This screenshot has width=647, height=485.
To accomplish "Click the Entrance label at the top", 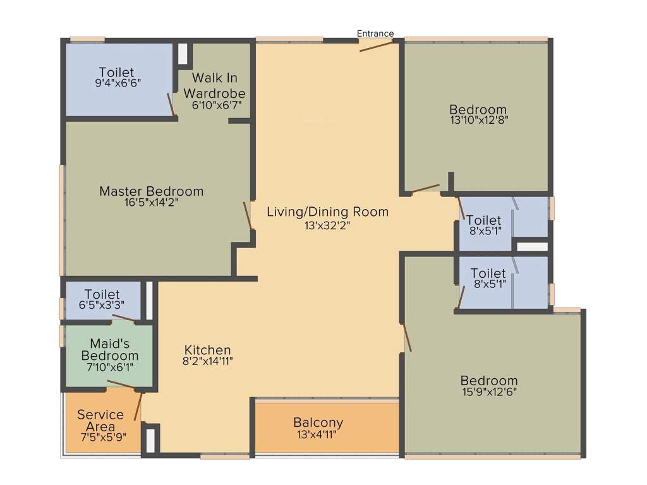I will (375, 33).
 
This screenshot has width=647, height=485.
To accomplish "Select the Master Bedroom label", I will (152, 191).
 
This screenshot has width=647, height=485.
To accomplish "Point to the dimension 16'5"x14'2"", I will (152, 203).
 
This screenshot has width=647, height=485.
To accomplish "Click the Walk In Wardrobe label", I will (215, 85).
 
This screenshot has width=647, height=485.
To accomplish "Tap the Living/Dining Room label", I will (327, 212).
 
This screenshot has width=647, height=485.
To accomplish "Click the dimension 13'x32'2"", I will (327, 224).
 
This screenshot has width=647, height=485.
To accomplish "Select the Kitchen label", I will (207, 350).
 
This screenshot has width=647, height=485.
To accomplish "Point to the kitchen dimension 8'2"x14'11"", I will (207, 362).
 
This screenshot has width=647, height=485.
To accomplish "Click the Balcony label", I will (318, 422).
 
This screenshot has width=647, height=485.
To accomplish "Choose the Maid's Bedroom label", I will (109, 349).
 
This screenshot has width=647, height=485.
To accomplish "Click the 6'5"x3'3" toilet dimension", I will (102, 304).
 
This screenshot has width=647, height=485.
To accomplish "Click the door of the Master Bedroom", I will (248, 216).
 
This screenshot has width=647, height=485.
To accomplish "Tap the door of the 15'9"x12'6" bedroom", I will (407, 338).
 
